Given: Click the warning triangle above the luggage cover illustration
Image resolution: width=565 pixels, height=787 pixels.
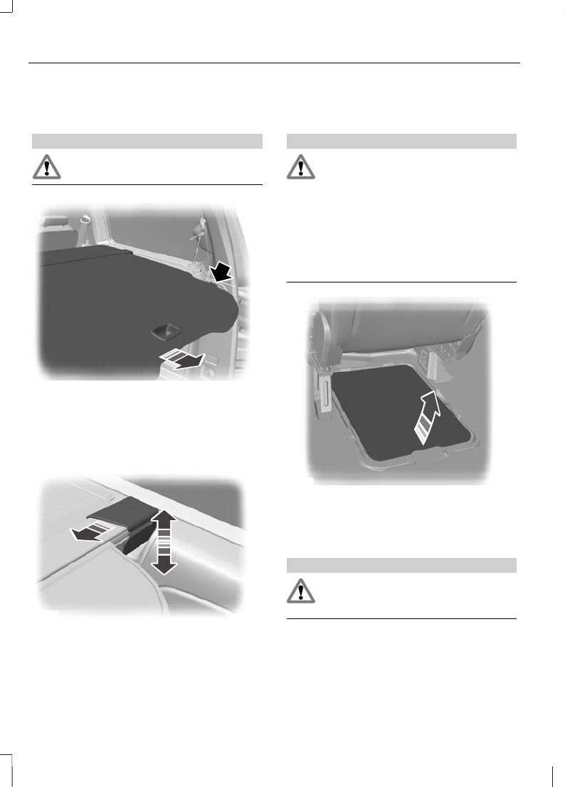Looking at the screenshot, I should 46,167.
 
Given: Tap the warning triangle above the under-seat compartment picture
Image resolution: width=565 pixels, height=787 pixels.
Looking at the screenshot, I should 300,167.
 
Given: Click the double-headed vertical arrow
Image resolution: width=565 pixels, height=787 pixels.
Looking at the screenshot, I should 164,542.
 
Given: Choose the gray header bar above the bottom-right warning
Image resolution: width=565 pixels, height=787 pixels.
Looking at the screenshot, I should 401,565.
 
